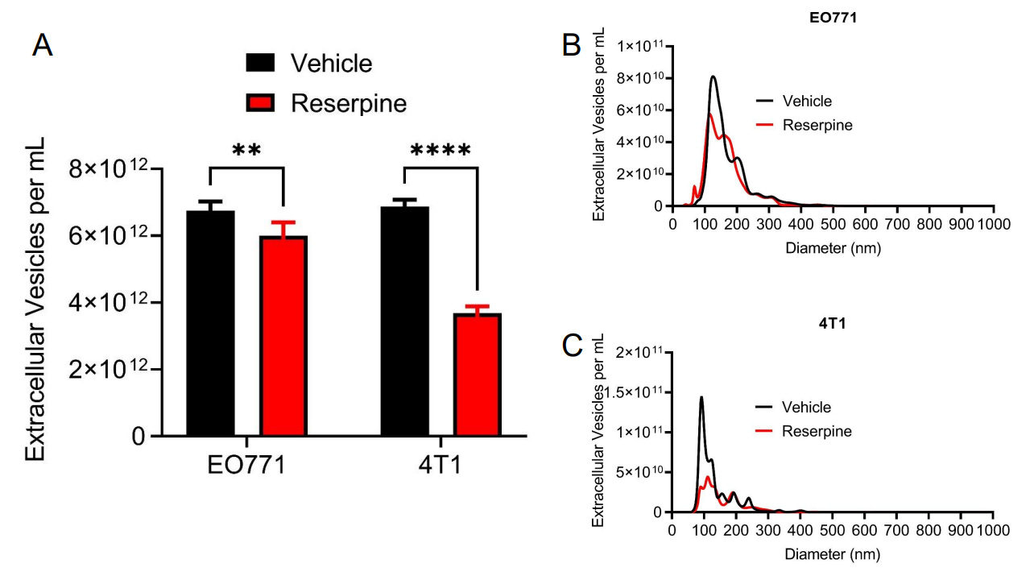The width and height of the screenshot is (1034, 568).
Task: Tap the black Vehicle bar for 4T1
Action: tap(404, 321)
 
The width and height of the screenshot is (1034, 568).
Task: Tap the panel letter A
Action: tap(42, 46)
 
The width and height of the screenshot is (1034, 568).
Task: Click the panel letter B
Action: tap(571, 45)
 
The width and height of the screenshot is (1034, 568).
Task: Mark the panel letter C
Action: tap(571, 346)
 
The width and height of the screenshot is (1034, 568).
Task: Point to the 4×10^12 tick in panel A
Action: tap(115, 302)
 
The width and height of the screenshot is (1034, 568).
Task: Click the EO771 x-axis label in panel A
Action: tap(246, 466)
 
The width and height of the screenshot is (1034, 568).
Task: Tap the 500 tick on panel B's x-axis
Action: tap(833, 224)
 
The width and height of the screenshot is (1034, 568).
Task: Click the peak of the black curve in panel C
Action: tap(701, 396)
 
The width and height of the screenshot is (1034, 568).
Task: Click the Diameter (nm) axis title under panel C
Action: tap(833, 554)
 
